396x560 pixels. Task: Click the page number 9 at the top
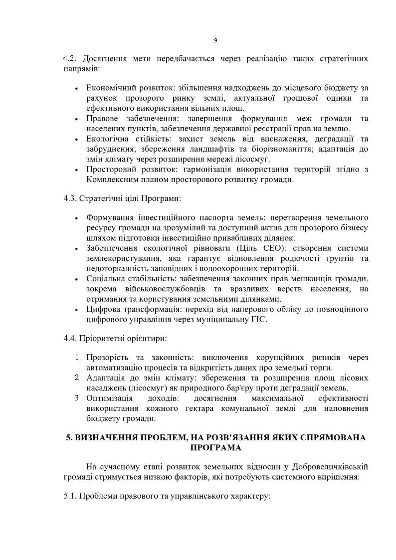215,40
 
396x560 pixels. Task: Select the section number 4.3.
69,198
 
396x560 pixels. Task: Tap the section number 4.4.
69,338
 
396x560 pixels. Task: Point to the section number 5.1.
69,497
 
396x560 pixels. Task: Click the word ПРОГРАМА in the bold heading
215,448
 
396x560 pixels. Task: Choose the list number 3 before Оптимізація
78,398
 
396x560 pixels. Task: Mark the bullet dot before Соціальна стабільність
76,279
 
